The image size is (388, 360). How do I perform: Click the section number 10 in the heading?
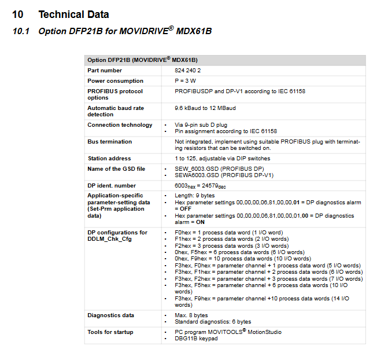(x=18, y=14)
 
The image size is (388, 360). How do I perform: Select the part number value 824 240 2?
(x=189, y=70)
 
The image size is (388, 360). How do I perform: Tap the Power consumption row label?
(x=115, y=81)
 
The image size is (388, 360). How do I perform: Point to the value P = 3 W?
(x=187, y=81)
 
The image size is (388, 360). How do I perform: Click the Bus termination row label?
(x=110, y=142)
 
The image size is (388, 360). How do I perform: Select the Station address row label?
(x=109, y=159)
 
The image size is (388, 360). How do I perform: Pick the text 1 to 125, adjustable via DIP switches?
(x=222, y=159)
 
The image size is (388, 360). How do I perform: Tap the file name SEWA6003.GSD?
(x=196, y=175)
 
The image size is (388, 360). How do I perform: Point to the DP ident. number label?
(x=112, y=186)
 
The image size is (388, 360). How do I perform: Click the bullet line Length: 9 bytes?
(x=197, y=196)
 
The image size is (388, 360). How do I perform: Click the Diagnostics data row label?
(x=110, y=315)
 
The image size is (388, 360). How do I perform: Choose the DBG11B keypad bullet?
(x=196, y=339)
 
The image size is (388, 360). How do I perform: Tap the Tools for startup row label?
(x=110, y=332)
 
